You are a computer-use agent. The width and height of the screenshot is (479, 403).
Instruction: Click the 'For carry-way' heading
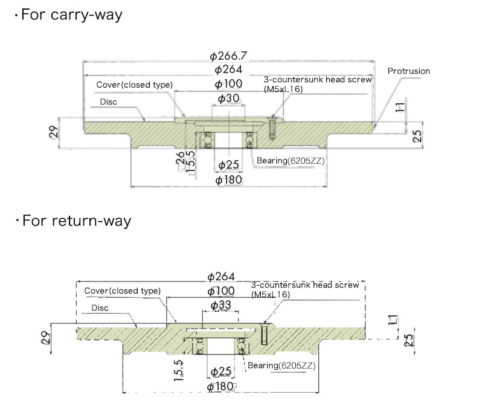click(x=71, y=15)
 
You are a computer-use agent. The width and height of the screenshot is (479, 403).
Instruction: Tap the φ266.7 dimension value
click(x=228, y=56)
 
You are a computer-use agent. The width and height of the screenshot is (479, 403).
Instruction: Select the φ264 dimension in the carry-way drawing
click(x=228, y=70)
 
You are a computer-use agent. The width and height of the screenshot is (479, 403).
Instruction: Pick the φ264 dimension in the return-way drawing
click(x=220, y=277)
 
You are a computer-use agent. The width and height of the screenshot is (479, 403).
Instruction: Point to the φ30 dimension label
click(x=228, y=98)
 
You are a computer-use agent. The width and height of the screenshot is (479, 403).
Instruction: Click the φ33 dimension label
click(x=220, y=305)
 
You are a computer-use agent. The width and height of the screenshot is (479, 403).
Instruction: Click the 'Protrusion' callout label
click(x=409, y=71)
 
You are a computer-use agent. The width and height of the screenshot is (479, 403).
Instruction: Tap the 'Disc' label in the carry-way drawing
click(x=108, y=102)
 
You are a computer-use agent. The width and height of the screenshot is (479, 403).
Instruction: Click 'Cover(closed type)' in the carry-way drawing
click(x=135, y=85)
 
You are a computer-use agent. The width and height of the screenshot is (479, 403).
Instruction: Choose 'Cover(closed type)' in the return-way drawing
click(x=123, y=291)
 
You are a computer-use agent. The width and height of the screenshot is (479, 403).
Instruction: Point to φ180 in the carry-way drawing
click(x=228, y=180)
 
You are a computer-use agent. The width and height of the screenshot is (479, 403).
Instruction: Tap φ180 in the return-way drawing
click(x=220, y=387)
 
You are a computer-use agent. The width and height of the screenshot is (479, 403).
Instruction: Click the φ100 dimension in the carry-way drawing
click(x=228, y=84)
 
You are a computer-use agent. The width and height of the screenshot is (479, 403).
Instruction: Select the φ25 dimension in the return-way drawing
click(x=220, y=371)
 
